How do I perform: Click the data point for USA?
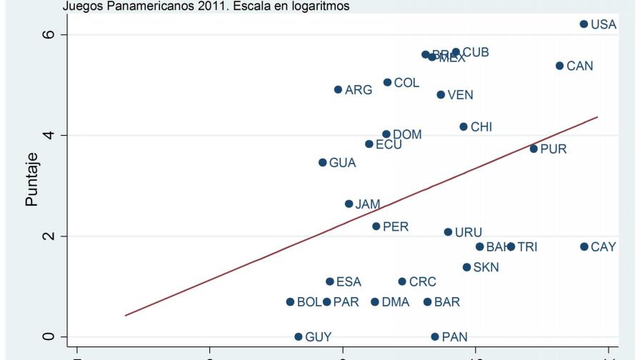584,24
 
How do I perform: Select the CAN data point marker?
559,66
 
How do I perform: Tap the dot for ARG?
338,90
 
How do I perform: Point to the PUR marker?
534,149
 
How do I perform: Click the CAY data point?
584,246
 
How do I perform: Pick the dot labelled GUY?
298,336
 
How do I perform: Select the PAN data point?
434,336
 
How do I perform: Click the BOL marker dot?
290,302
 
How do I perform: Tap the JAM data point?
349,204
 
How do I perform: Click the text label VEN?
460,95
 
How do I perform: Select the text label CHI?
481,127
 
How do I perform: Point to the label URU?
468,233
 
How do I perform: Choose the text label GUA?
342,163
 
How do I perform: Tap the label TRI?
527,247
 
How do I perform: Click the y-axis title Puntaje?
31,184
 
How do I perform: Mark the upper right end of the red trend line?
597,116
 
